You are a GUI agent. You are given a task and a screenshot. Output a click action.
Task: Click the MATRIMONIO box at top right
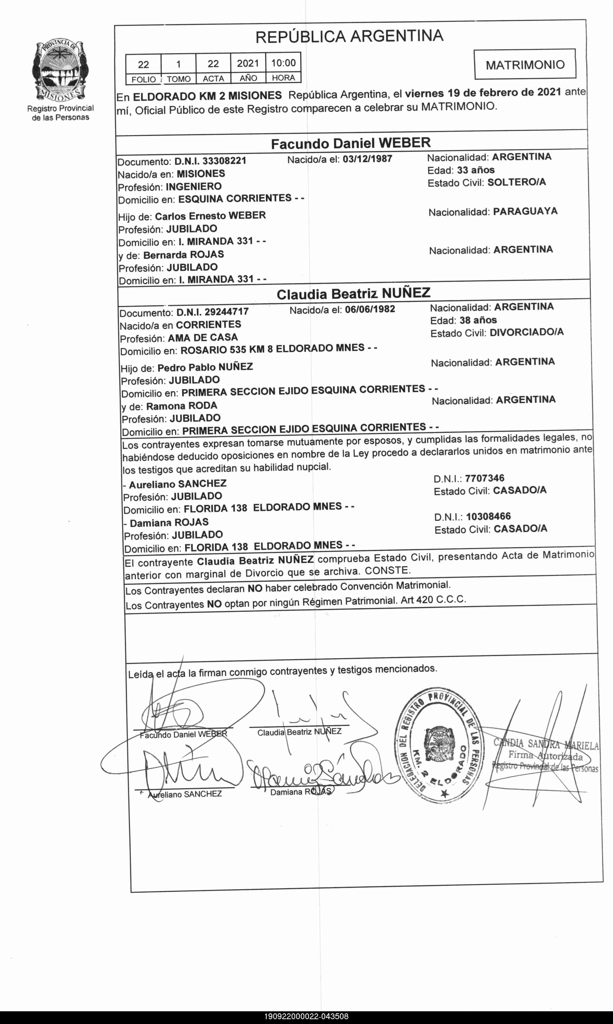coord(525,64)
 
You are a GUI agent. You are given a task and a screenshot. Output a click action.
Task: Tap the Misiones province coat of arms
coord(60,71)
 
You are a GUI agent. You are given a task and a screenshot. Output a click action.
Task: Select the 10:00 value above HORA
coord(283,63)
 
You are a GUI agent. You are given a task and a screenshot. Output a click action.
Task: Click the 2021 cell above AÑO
coord(248,63)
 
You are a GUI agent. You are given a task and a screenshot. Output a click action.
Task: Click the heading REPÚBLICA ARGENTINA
coord(349,36)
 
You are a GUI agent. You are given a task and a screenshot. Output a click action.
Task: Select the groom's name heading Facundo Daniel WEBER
coord(351,143)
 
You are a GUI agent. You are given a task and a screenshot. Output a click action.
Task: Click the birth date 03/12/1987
coord(367,159)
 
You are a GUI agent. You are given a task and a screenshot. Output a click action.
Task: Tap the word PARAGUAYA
coord(525,211)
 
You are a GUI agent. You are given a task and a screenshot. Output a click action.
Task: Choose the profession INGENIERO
coord(194,186)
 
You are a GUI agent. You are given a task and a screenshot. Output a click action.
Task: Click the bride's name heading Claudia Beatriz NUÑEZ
coord(353,294)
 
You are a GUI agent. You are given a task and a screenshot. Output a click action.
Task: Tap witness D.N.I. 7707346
coord(484,478)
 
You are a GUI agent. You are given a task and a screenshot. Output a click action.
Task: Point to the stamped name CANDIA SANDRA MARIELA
coord(546,744)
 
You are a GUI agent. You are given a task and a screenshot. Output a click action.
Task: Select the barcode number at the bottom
coord(306,1017)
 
